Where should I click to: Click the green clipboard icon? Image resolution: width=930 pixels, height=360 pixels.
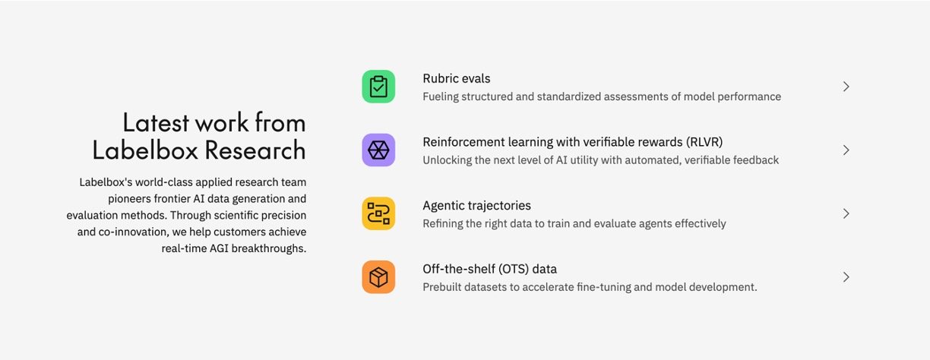click(378, 87)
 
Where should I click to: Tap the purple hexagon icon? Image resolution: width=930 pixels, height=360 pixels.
click(378, 150)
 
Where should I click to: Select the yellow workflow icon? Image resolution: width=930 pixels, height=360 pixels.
click(378, 213)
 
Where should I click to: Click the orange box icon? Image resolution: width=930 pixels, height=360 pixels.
click(378, 277)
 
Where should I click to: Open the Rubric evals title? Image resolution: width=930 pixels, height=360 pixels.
click(457, 78)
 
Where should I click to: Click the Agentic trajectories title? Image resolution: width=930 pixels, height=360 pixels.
click(476, 206)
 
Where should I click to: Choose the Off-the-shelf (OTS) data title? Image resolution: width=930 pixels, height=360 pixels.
click(489, 269)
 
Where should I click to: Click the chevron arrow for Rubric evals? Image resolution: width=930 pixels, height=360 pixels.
click(846, 87)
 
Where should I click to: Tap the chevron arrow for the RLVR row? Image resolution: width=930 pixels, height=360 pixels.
click(846, 150)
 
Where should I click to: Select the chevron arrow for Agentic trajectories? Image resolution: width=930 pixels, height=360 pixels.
click(846, 213)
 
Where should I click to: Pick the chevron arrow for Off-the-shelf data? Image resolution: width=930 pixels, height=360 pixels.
click(846, 277)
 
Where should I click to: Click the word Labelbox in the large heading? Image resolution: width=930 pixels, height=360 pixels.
click(145, 150)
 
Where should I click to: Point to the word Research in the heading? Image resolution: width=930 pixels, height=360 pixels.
click(255, 150)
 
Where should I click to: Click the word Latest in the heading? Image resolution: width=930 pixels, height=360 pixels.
click(156, 123)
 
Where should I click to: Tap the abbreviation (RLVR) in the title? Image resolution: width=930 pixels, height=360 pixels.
click(704, 142)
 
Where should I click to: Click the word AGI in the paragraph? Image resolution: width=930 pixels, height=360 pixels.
click(219, 248)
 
